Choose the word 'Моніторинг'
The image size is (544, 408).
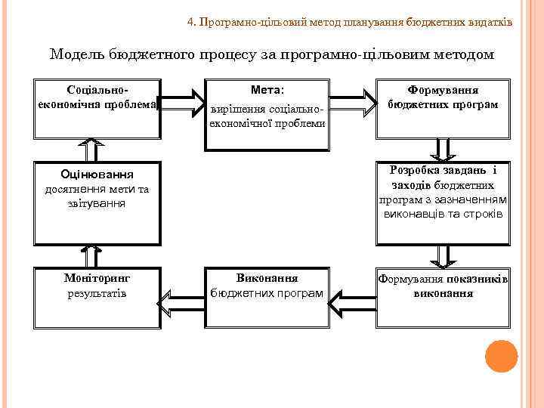point(97,277)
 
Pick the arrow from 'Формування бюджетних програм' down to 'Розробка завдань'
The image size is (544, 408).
point(442,149)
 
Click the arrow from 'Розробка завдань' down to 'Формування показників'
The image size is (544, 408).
point(442,256)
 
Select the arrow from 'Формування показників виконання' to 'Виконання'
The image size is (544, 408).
point(354,305)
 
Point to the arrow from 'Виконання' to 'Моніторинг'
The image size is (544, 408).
point(181,305)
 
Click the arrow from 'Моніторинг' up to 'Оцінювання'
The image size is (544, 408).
point(93,256)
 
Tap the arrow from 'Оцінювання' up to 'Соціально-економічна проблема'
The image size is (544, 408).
point(93,149)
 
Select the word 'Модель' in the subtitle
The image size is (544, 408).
point(76,54)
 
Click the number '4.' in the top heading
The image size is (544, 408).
point(191,23)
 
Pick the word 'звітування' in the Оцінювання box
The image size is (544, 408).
point(97,203)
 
